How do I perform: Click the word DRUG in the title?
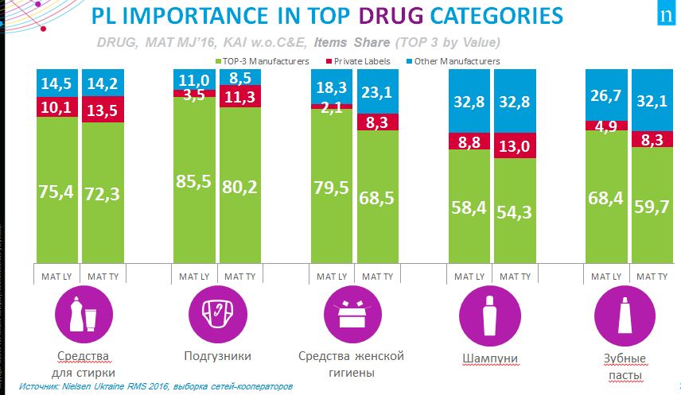[x=420, y=17]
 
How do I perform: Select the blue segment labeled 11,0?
[x=194, y=79]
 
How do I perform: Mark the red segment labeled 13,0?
[x=513, y=146]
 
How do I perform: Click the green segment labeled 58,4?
[x=469, y=205]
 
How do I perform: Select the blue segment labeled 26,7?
[x=605, y=95]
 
